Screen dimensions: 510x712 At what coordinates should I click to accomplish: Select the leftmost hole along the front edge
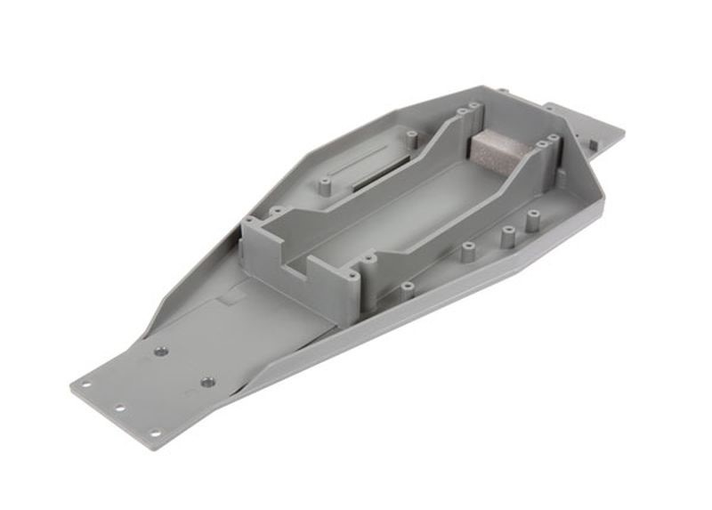86,385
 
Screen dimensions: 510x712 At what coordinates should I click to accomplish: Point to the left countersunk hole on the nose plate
161,352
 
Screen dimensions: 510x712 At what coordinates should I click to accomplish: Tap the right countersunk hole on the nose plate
206,381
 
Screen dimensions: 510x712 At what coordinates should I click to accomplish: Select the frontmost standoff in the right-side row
407,287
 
